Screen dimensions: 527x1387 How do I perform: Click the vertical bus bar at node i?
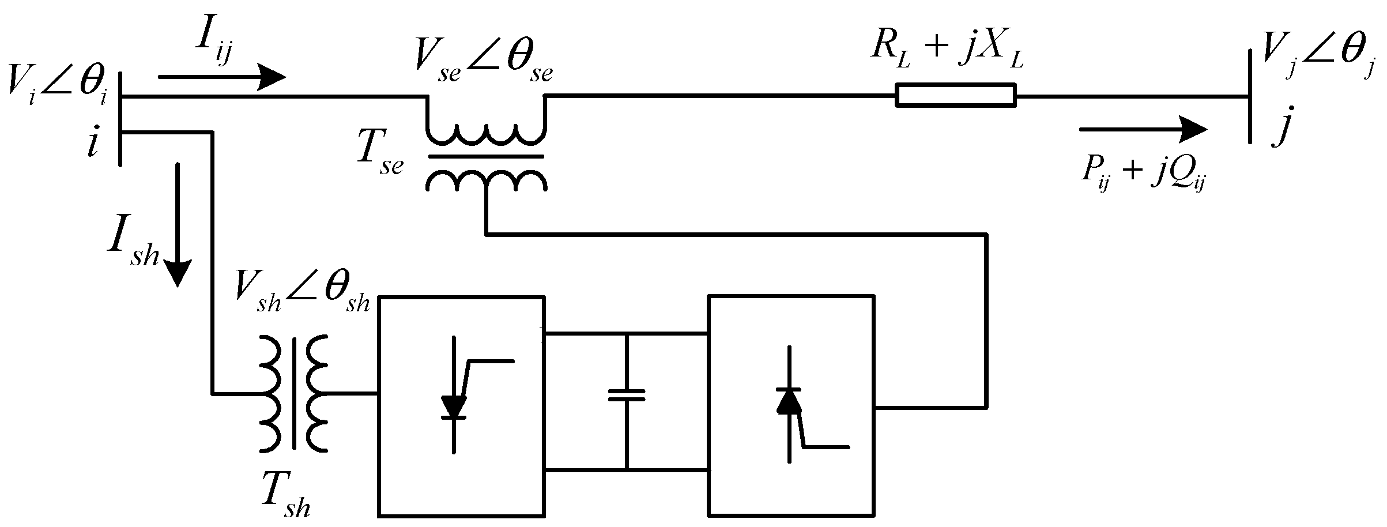point(120,118)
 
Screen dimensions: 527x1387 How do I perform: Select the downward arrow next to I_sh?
point(178,225)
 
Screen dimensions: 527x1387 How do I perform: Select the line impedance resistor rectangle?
point(955,95)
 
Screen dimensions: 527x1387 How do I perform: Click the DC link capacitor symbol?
point(626,395)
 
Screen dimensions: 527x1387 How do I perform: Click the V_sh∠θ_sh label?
point(302,297)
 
